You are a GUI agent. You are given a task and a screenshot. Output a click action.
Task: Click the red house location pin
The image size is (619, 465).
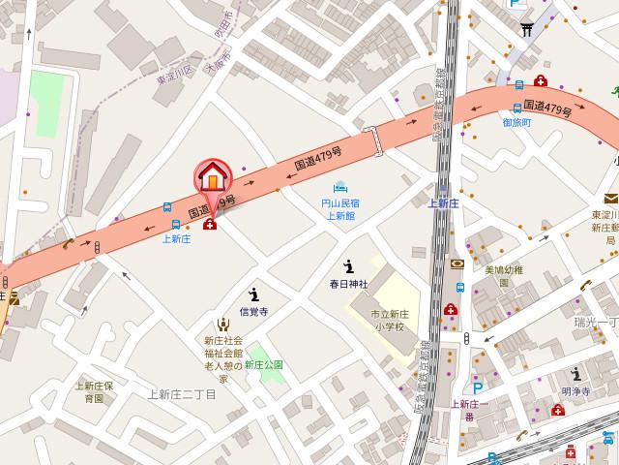(x=213, y=178)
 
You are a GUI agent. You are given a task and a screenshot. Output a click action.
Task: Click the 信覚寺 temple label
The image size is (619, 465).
(x=252, y=312)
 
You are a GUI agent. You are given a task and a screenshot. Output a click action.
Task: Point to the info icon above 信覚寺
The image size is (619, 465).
(x=253, y=294)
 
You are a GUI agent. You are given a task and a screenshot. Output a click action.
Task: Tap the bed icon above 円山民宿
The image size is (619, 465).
(x=339, y=188)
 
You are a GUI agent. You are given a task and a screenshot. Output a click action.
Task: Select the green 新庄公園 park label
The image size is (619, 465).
(x=263, y=364)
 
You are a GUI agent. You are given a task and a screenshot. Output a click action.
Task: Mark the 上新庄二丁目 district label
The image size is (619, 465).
(x=182, y=393)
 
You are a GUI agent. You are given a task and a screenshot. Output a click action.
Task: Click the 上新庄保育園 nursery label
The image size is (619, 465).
(x=96, y=391)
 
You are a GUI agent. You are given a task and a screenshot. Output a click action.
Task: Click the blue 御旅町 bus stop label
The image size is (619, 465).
(x=516, y=122)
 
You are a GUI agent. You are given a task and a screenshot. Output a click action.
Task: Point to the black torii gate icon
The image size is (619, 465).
(x=527, y=29)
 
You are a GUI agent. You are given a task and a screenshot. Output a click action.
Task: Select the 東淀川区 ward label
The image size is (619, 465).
(x=176, y=70)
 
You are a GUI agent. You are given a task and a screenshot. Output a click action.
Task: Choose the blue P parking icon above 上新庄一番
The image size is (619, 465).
(x=477, y=387)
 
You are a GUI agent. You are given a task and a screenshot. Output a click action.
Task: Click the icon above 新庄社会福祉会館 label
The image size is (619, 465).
(x=222, y=325)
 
